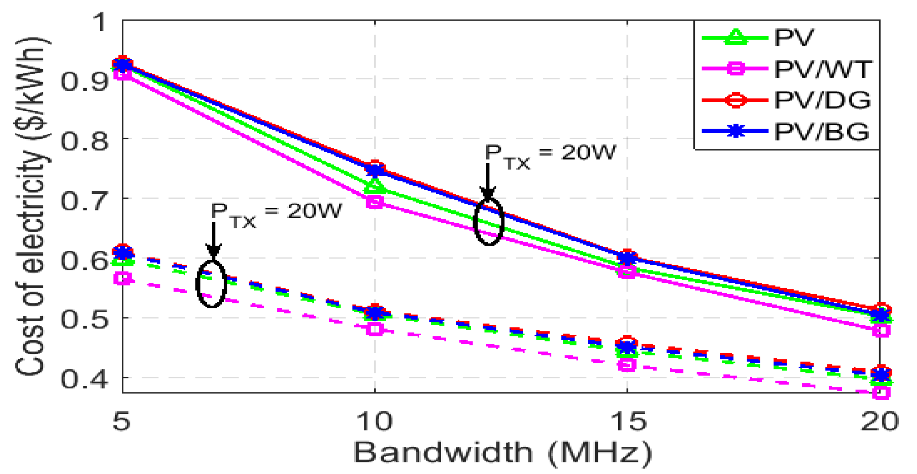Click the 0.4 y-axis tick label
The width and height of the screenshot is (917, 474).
coord(84,379)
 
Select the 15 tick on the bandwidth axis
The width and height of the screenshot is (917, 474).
coord(627,421)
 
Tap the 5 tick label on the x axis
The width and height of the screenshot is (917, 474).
coord(122,421)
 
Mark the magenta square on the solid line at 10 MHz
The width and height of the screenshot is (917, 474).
coord(375,202)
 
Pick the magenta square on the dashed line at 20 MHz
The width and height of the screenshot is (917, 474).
coord(881,392)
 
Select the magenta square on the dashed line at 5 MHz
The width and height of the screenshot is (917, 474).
coord(123,279)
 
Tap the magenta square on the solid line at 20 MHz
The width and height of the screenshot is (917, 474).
coord(881,330)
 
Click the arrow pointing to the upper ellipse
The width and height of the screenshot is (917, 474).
coord(488,181)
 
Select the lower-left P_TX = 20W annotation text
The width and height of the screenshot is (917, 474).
coord(276,214)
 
